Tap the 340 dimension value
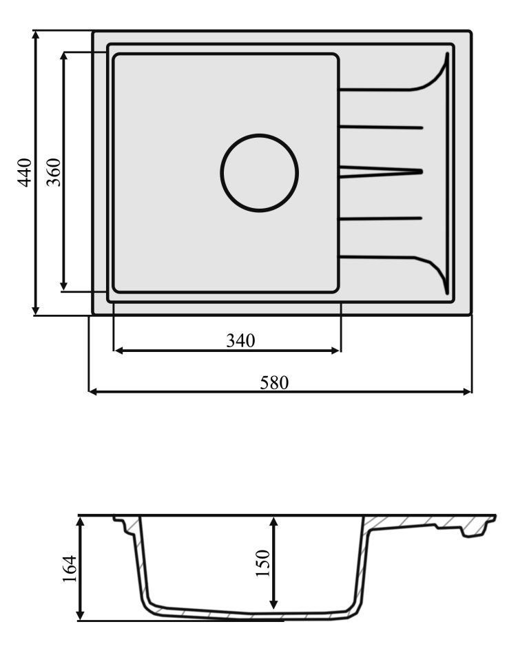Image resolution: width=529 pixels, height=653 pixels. [x=240, y=340]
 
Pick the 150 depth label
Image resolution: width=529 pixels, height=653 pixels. [x=262, y=563]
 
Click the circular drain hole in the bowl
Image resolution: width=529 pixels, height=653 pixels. [x=260, y=172]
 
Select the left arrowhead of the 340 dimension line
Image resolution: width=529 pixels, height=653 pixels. [x=118, y=351]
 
